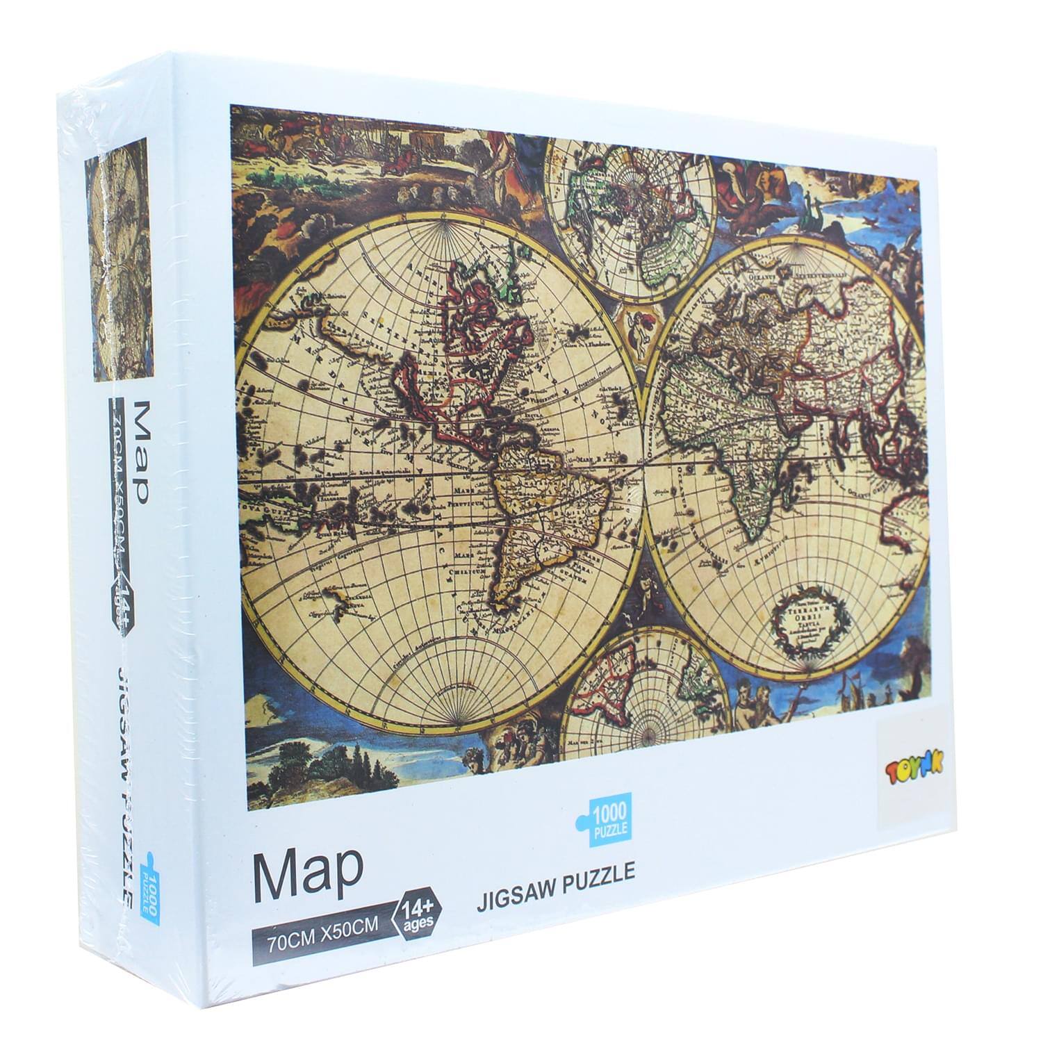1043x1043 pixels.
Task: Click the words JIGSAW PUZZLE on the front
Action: click(557, 871)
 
